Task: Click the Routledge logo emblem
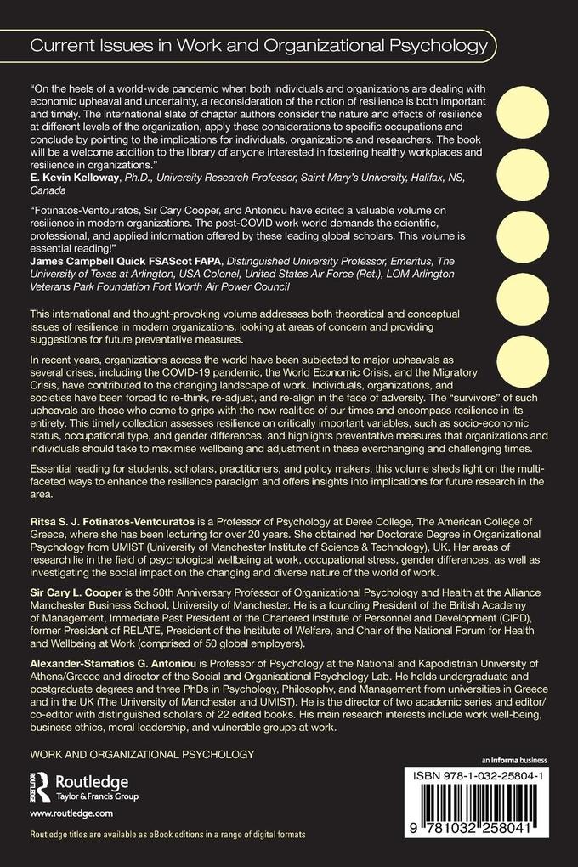click(39, 786)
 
